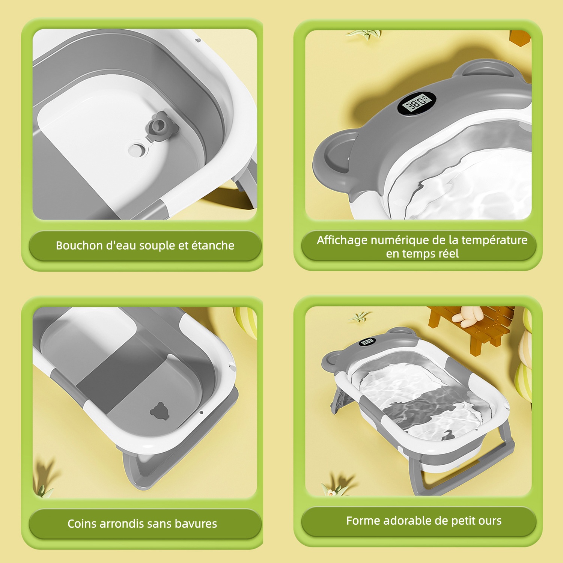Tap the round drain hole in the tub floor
pos(136,150)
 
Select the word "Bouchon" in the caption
pos(79,245)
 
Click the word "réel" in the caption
pos(450,254)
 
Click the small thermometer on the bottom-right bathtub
pos(367,342)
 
